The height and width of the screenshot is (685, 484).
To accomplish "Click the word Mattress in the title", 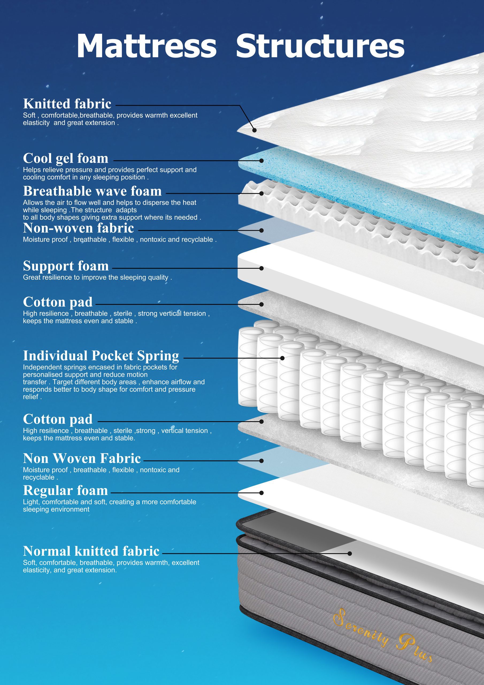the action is (147, 46).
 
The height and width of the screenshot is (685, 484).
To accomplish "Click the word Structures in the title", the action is (320, 46).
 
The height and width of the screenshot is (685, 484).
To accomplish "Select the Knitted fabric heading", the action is (67, 104).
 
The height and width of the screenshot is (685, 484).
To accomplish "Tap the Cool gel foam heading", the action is (66, 158).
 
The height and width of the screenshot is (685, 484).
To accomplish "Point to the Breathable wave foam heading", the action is (93, 191).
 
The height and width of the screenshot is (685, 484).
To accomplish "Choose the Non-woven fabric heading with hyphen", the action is (78, 228).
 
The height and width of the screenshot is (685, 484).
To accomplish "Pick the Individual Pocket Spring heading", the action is (101, 356).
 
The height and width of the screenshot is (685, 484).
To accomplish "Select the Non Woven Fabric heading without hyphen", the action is (82, 458).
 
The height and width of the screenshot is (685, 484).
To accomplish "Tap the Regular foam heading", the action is (65, 491).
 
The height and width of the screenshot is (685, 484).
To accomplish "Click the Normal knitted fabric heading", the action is (91, 551).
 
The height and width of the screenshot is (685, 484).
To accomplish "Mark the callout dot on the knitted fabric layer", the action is (254, 130).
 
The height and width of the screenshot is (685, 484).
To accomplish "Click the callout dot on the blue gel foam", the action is (262, 161).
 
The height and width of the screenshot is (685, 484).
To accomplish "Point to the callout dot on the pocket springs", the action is (282, 358).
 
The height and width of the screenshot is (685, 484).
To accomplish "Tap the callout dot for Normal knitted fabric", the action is (350, 553).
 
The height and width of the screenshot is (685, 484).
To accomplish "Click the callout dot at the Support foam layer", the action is (262, 268).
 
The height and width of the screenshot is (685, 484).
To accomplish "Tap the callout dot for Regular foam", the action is (262, 493).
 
